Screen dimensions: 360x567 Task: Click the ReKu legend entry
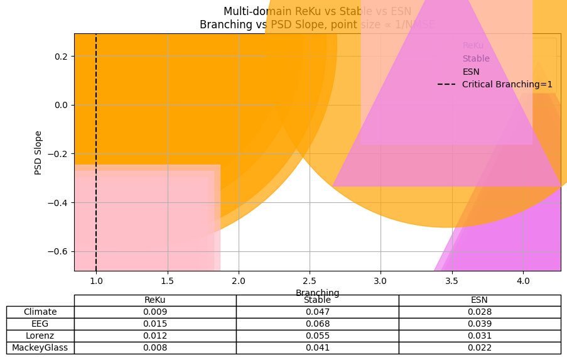pyautogui.click(x=473, y=46)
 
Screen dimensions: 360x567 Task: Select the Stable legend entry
pyautogui.click(x=475, y=58)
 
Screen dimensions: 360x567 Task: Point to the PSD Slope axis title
pyautogui.click(x=39, y=152)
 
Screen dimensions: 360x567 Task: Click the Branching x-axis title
pyautogui.click(x=317, y=293)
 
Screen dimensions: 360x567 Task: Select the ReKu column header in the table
pyautogui.click(x=154, y=300)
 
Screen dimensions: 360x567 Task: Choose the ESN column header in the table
pyautogui.click(x=480, y=300)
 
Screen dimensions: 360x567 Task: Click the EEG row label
pyautogui.click(x=40, y=323)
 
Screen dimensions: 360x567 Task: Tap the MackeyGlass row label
pyautogui.click(x=40, y=347)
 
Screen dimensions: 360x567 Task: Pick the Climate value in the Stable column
pyautogui.click(x=317, y=312)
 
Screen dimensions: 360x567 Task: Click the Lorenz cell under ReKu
pyautogui.click(x=154, y=335)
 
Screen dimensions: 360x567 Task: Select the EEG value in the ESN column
pyautogui.click(x=480, y=323)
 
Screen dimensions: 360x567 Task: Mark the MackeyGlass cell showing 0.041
pyautogui.click(x=317, y=347)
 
